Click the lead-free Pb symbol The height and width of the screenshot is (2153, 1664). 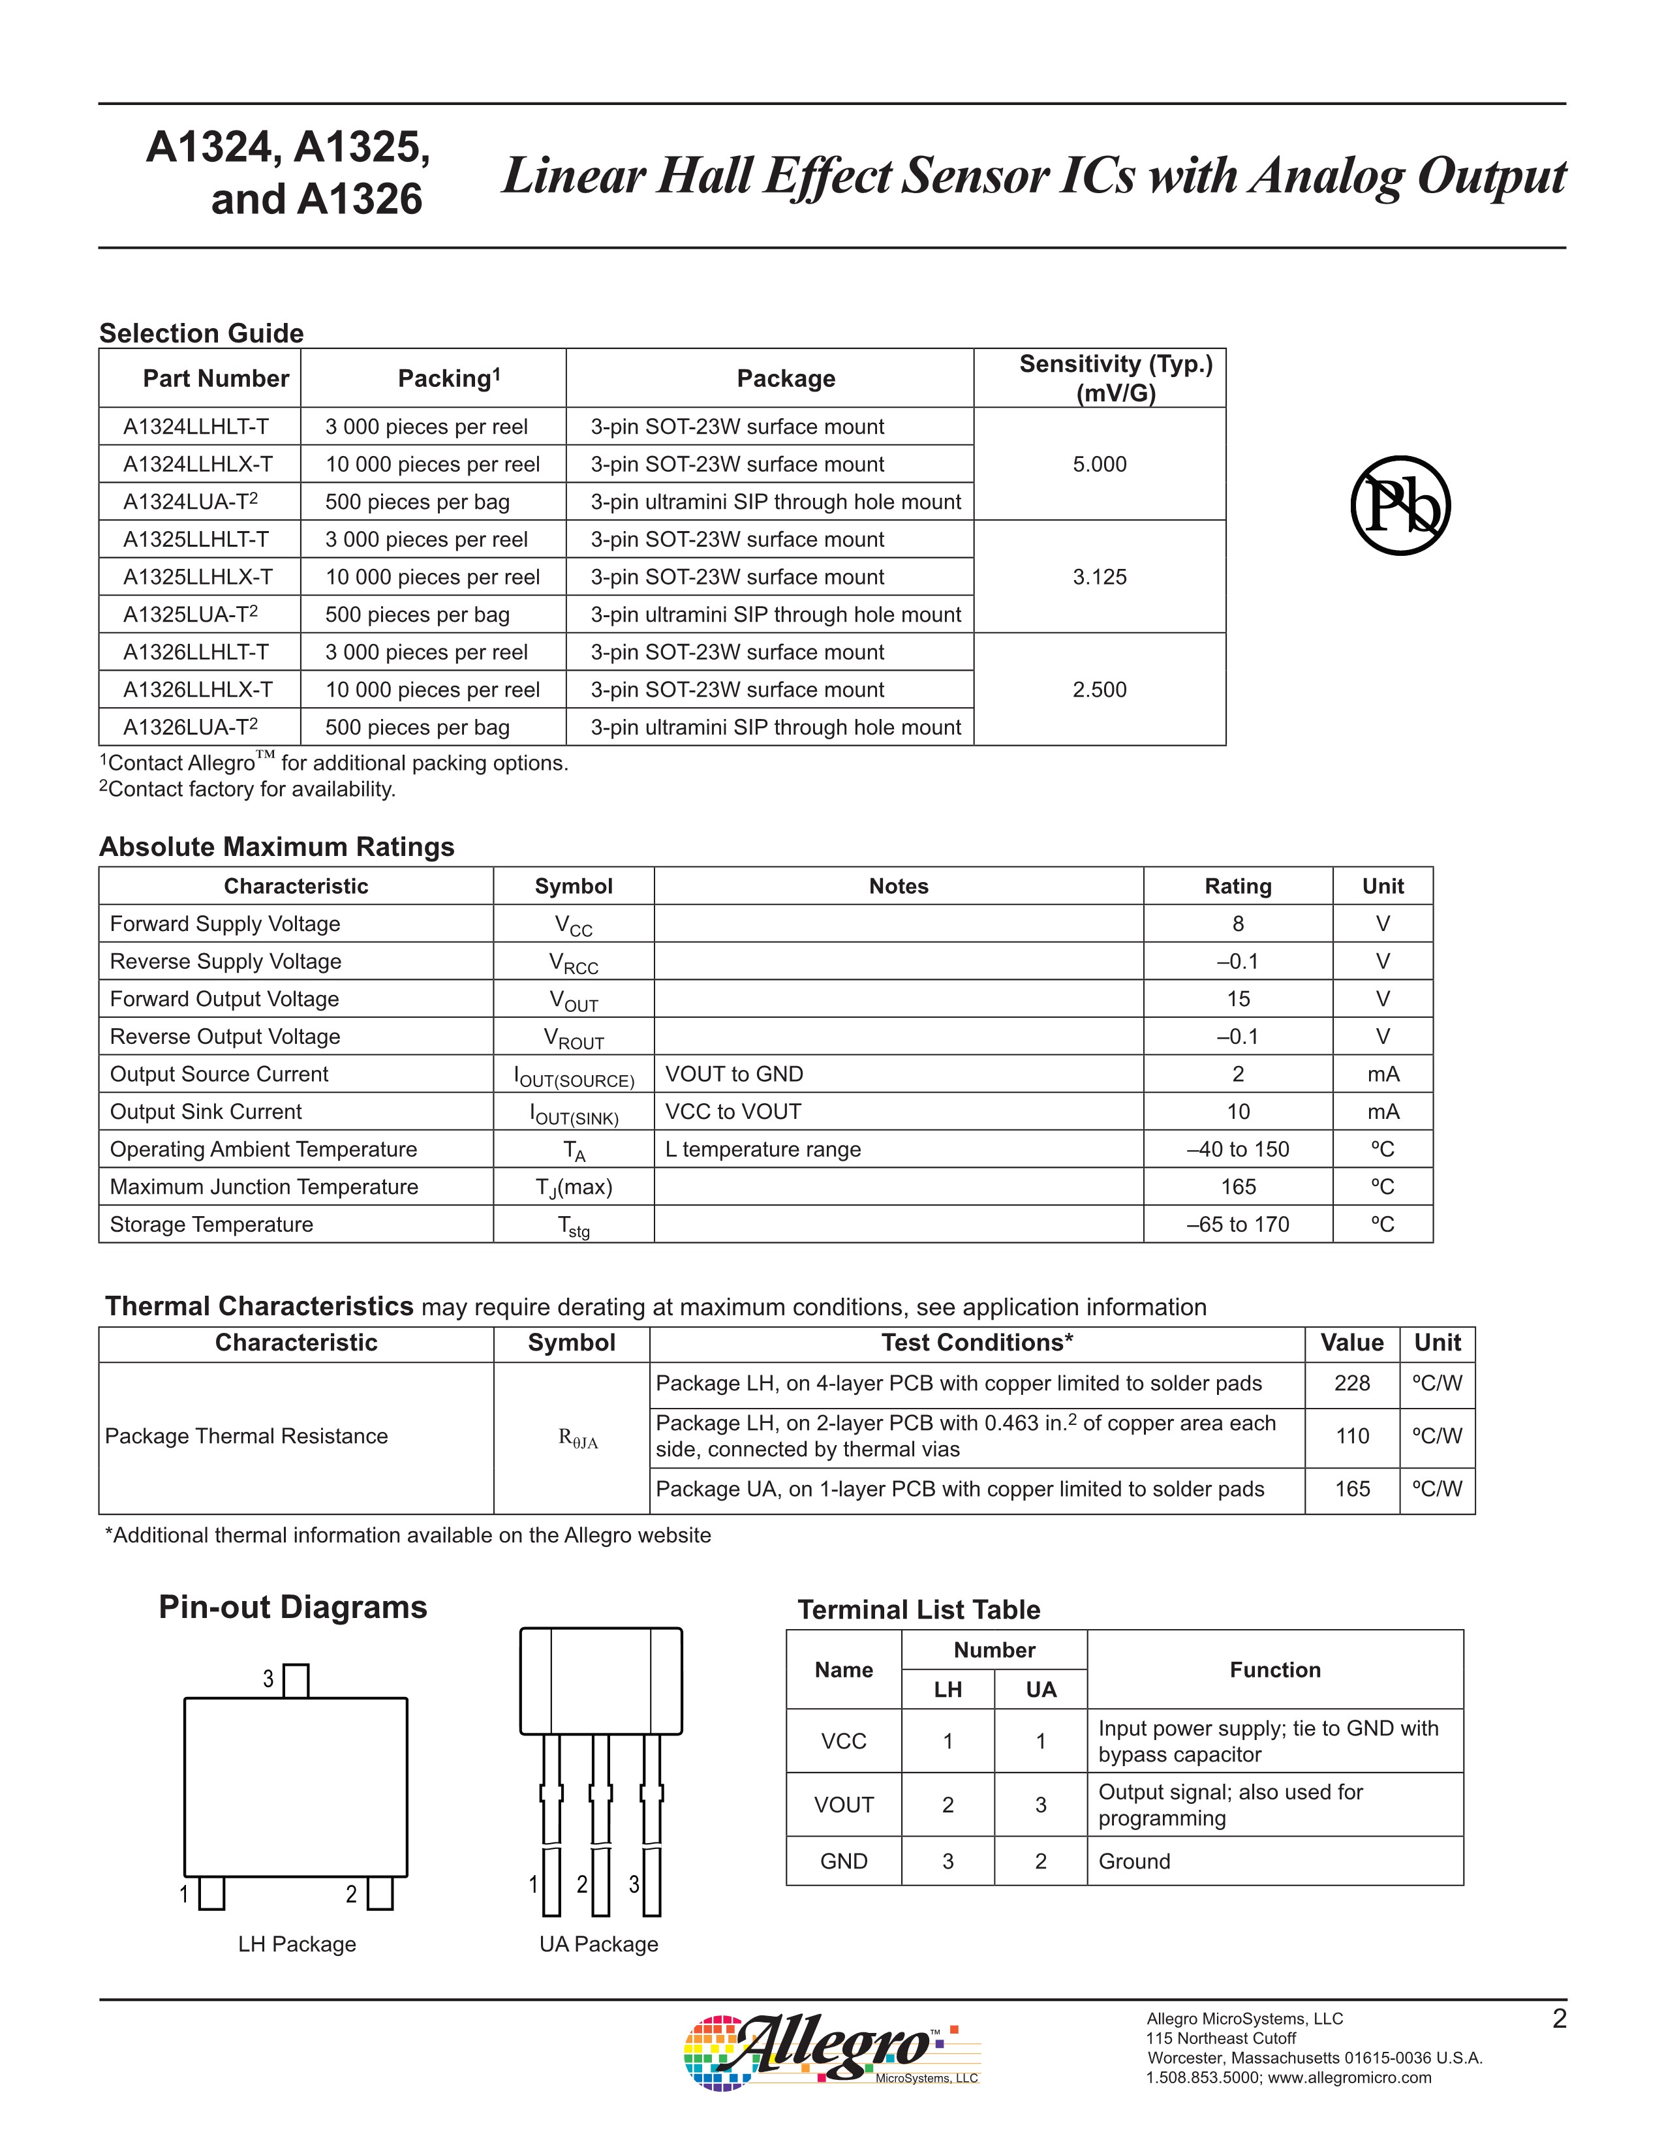(1400, 506)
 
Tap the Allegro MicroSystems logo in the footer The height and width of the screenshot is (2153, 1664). (831, 2053)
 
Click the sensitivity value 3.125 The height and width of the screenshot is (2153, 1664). (1099, 577)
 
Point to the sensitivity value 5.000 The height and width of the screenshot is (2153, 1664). (1099, 465)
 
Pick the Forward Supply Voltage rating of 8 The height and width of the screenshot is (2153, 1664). (1238, 924)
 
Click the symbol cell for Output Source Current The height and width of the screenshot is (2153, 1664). (574, 1075)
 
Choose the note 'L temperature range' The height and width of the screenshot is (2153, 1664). (763, 1150)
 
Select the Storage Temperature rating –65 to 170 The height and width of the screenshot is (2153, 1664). (1238, 1225)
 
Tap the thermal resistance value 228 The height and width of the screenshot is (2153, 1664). (1351, 1383)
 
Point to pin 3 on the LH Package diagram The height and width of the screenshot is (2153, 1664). (296, 1680)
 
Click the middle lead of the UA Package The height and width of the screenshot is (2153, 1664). (600, 1824)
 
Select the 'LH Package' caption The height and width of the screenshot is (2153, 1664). (297, 1944)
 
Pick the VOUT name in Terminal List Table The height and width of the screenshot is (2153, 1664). (844, 1804)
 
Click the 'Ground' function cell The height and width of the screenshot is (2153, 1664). (1135, 1861)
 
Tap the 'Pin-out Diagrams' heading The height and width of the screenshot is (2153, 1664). (293, 1607)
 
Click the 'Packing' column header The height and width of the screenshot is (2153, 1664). (448, 378)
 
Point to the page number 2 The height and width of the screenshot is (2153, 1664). (1558, 2019)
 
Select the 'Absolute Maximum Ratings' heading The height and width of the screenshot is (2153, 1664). (277, 847)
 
